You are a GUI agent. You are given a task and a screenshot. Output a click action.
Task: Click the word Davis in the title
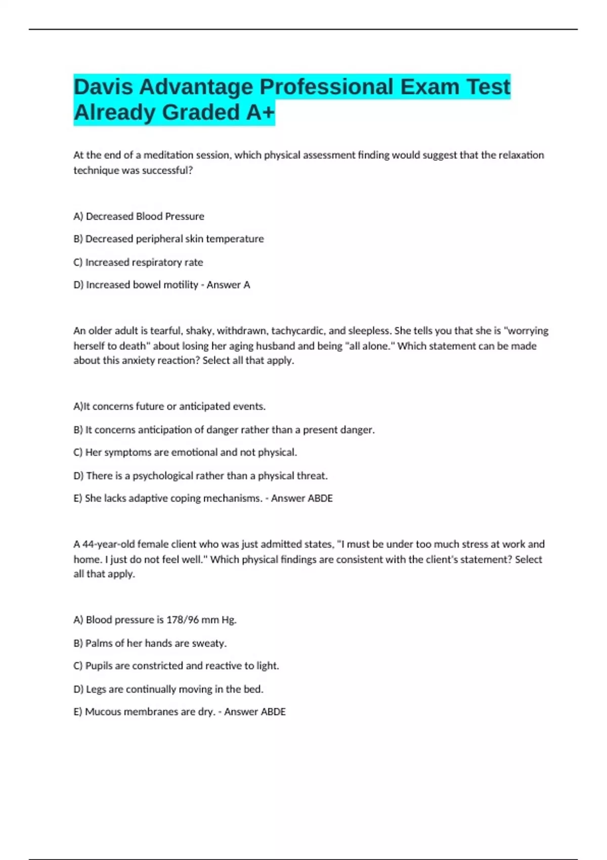pyautogui.click(x=103, y=87)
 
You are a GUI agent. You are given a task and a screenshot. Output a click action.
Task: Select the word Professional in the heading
pyautogui.click(x=326, y=87)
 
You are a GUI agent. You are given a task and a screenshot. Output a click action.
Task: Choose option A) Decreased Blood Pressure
pyautogui.click(x=139, y=217)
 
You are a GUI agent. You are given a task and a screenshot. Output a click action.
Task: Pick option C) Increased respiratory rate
pyautogui.click(x=139, y=263)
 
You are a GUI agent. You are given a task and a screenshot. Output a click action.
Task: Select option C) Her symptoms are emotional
pyautogui.click(x=185, y=452)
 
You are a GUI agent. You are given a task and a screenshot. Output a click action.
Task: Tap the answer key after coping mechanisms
pyautogui.click(x=301, y=498)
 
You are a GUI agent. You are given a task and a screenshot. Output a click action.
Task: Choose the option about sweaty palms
pyautogui.click(x=150, y=643)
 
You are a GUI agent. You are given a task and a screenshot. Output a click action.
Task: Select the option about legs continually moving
pyautogui.click(x=168, y=689)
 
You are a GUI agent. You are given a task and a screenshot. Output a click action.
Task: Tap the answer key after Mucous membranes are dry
pyautogui.click(x=254, y=712)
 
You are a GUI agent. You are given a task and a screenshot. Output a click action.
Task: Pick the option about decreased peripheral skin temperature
pyautogui.click(x=169, y=239)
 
